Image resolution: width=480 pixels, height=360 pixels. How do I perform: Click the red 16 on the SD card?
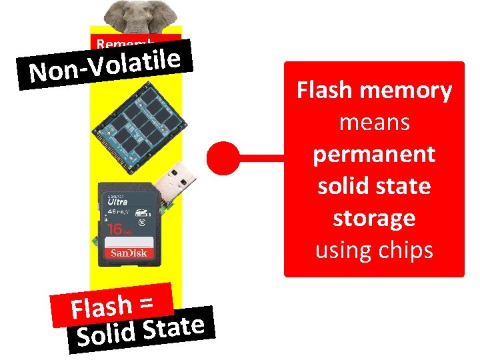pyautogui.click(x=114, y=228)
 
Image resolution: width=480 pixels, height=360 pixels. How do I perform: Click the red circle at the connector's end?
pyautogui.click(x=222, y=159)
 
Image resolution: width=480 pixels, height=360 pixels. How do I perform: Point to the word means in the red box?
pyautogui.click(x=374, y=122)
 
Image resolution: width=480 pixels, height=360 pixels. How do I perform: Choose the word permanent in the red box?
pyautogui.click(x=374, y=154)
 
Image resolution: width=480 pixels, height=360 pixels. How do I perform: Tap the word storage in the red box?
pyautogui.click(x=374, y=219)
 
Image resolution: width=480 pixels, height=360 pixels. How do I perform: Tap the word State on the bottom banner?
pyautogui.click(x=174, y=327)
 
